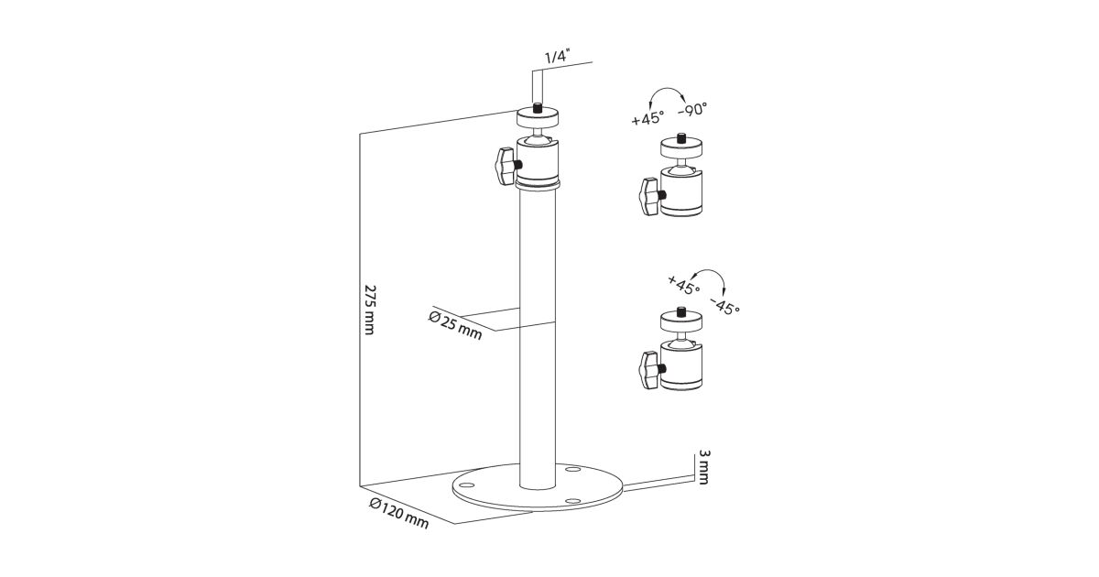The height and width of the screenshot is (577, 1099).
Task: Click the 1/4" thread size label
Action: (556, 57)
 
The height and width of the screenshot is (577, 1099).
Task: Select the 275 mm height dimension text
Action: (369, 310)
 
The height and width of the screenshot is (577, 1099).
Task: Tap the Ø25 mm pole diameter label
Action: (455, 325)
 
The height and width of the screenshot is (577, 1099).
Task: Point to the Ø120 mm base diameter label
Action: (399, 514)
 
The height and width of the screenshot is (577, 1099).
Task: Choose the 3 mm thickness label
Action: (703, 467)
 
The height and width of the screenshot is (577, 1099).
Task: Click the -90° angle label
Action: (692, 110)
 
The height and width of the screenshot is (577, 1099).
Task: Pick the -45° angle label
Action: (724, 306)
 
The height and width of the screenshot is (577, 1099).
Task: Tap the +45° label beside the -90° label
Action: (647, 118)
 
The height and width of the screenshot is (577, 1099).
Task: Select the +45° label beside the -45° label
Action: (683, 285)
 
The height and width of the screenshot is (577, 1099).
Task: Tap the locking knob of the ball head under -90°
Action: (650, 196)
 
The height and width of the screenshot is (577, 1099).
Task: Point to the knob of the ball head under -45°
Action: (650, 370)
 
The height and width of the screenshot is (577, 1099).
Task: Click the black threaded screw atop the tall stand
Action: (538, 109)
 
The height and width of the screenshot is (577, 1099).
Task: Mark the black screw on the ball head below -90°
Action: (681, 138)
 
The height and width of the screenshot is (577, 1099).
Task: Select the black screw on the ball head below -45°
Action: (681, 312)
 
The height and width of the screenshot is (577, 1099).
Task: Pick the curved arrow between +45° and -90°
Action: (668, 91)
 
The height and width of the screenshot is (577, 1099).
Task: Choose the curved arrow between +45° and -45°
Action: (711, 272)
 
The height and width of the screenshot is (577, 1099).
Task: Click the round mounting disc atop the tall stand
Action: (538, 118)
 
